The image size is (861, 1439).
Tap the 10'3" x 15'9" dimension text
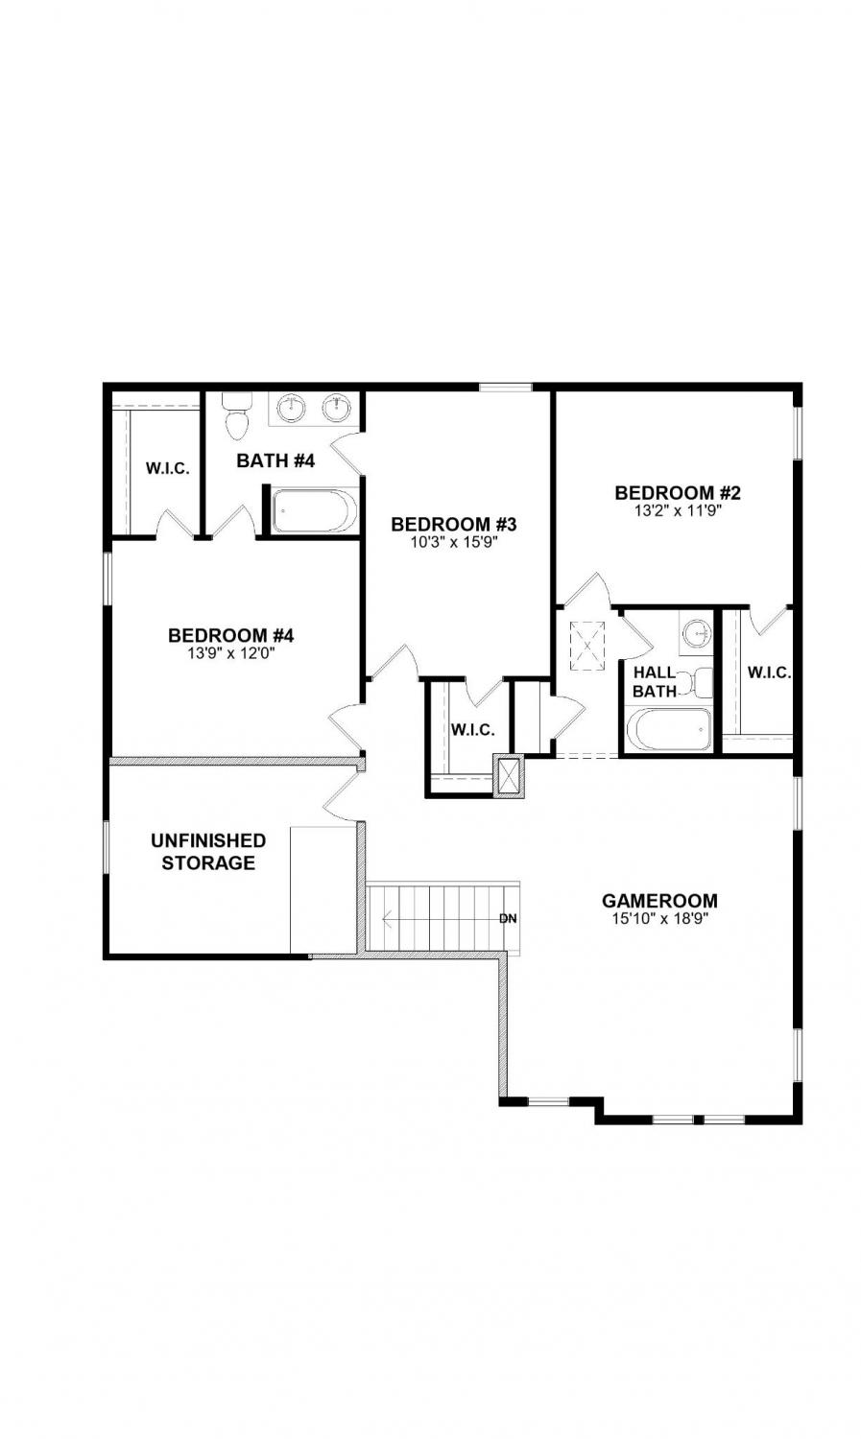(x=455, y=542)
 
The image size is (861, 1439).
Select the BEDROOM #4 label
(x=231, y=635)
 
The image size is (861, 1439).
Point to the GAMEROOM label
(x=659, y=901)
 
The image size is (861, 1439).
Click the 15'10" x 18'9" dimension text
(x=659, y=919)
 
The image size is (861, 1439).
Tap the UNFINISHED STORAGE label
(x=208, y=851)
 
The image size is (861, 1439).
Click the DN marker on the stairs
(x=508, y=919)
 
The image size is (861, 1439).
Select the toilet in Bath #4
(x=236, y=416)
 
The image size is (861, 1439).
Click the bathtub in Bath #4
(x=314, y=510)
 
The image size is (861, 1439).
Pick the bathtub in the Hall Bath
(x=670, y=729)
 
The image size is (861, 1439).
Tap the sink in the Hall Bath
(x=697, y=632)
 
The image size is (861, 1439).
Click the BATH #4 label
(x=275, y=460)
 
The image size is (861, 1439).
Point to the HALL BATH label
(x=655, y=681)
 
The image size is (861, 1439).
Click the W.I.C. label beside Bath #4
(x=168, y=468)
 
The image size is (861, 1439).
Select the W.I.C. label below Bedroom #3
(x=473, y=730)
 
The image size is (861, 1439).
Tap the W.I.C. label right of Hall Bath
(x=769, y=672)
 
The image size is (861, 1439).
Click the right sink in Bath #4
(x=336, y=408)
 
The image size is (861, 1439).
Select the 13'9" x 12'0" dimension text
(x=231, y=653)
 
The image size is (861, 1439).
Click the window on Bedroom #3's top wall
(x=506, y=387)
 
